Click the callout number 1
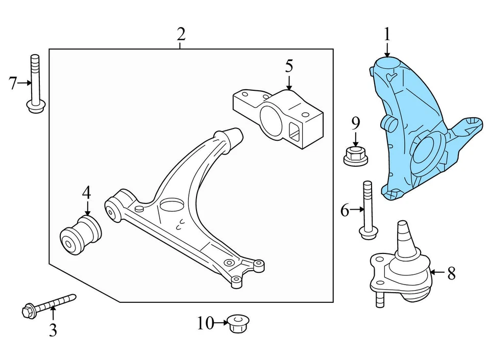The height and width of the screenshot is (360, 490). coord(387,35)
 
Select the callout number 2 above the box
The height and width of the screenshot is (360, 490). coord(180,35)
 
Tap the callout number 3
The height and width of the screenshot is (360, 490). coord(53,330)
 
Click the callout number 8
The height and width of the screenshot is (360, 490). coord(451,274)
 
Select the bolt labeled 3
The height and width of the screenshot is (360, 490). coord(49,305)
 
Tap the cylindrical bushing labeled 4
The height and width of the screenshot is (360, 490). coord(82,234)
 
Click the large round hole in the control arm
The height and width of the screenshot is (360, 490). coord(171,205)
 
